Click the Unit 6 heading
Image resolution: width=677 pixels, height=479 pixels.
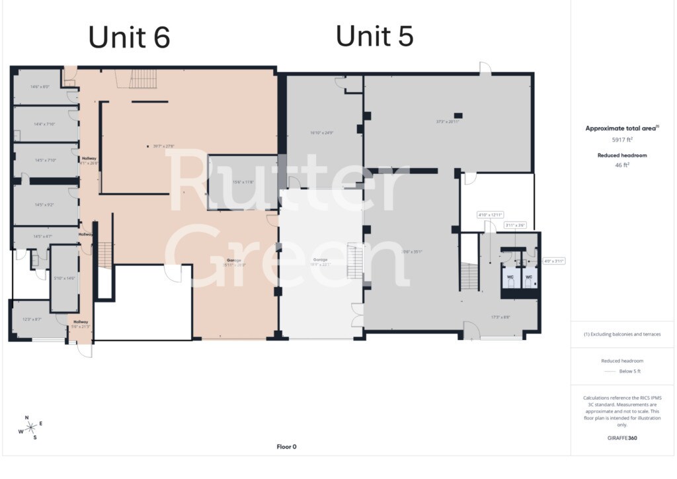pyautogui.click(x=130, y=37)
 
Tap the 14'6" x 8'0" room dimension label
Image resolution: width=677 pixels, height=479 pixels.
pyautogui.click(x=40, y=87)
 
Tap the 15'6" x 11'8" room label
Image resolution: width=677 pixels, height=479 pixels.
pyautogui.click(x=242, y=182)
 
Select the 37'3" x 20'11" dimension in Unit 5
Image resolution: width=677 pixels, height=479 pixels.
pyautogui.click(x=448, y=122)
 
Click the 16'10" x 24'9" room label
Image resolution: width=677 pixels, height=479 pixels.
pyautogui.click(x=321, y=132)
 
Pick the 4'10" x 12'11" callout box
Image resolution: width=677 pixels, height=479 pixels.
pyautogui.click(x=491, y=214)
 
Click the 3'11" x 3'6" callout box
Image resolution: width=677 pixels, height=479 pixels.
pyautogui.click(x=515, y=225)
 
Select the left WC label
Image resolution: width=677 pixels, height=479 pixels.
pyautogui.click(x=510, y=277)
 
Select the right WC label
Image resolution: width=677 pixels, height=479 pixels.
pyautogui.click(x=528, y=277)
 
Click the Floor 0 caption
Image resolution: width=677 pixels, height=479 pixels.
pyautogui.click(x=286, y=447)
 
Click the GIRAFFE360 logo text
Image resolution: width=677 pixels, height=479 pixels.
pyautogui.click(x=621, y=437)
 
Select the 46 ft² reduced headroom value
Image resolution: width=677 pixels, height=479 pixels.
pyautogui.click(x=621, y=165)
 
